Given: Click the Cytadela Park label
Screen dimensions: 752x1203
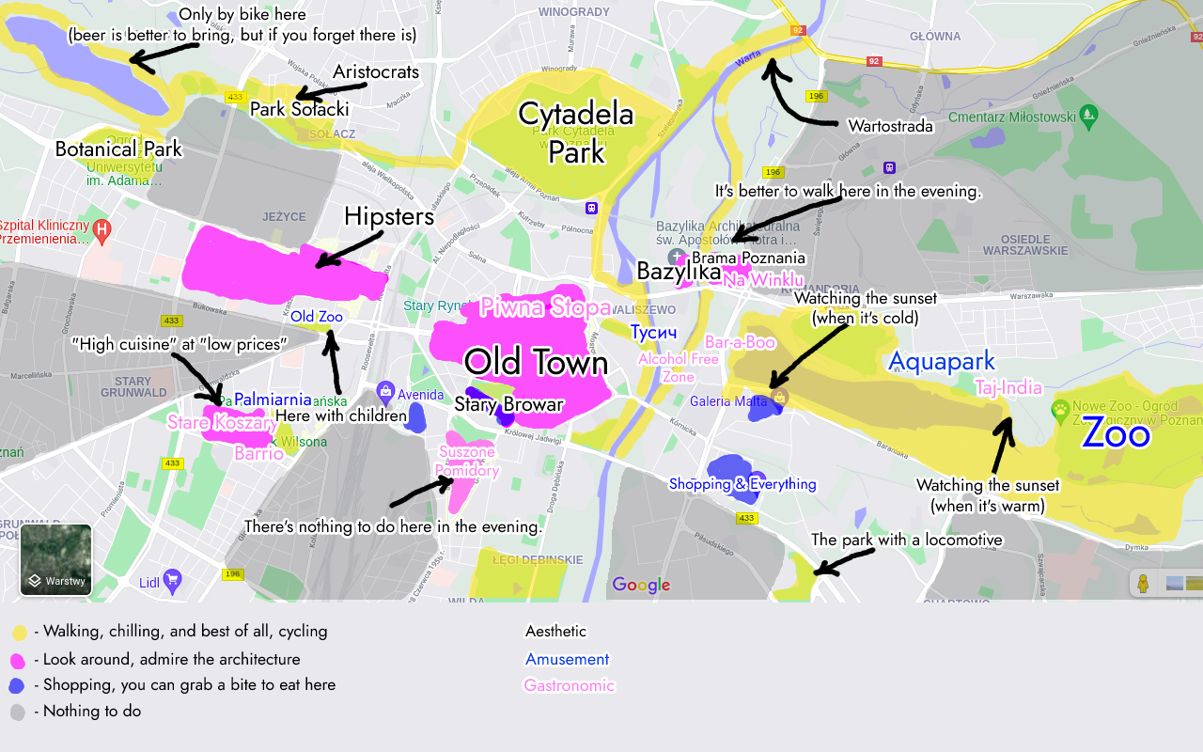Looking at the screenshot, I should pyautogui.click(x=576, y=133).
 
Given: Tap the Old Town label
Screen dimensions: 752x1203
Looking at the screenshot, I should pyautogui.click(x=536, y=363).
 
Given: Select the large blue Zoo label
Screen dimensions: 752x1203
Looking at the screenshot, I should pyautogui.click(x=1116, y=434).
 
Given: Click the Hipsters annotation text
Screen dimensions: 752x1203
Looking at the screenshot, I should pyautogui.click(x=389, y=217).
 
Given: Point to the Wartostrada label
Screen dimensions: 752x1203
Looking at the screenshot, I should pyautogui.click(x=890, y=126).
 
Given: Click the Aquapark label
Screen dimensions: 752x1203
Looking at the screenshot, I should pyautogui.click(x=941, y=361).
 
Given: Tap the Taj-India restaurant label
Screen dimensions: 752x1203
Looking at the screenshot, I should pyautogui.click(x=1008, y=388).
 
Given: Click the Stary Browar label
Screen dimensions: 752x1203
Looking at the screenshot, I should pyautogui.click(x=508, y=405).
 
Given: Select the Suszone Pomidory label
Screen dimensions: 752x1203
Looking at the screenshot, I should pyautogui.click(x=467, y=462).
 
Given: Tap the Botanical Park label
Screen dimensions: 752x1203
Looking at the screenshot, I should pyautogui.click(x=118, y=149).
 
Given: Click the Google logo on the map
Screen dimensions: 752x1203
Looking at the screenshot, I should pyautogui.click(x=641, y=585).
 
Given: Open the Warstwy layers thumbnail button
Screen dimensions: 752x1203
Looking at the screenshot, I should pyautogui.click(x=56, y=560).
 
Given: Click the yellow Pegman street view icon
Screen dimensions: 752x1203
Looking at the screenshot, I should pyautogui.click(x=1143, y=584).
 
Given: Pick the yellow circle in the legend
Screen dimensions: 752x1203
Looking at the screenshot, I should pyautogui.click(x=19, y=633).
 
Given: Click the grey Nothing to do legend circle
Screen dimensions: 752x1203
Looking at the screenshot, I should pyautogui.click(x=18, y=713).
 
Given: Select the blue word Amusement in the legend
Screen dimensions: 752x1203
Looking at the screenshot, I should pyautogui.click(x=567, y=659).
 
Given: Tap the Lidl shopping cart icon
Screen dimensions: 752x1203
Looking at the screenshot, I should pyautogui.click(x=172, y=580).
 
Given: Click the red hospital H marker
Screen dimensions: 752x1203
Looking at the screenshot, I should pyautogui.click(x=102, y=229).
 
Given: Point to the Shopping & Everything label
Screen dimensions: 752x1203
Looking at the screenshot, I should pyautogui.click(x=742, y=484).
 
